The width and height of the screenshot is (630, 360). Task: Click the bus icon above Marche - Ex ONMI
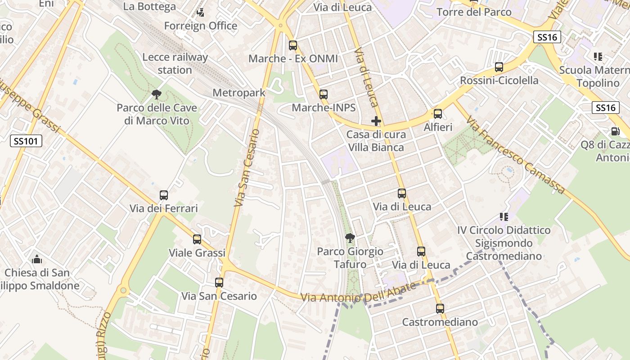click(293, 45)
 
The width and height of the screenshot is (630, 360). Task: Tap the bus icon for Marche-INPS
click(324, 94)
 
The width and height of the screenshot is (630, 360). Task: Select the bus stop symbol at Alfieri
click(438, 114)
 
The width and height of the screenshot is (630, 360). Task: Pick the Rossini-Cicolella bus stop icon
click(499, 67)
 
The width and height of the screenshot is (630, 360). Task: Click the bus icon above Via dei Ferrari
click(164, 195)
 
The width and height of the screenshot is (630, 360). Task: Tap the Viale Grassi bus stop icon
click(197, 239)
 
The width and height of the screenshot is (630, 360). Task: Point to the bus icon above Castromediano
click(440, 309)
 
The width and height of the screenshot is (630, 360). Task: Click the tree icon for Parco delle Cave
click(157, 94)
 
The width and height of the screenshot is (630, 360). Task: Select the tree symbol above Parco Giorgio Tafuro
click(350, 238)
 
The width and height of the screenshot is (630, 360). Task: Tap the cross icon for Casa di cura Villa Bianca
click(376, 121)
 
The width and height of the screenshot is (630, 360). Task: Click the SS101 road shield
click(27, 141)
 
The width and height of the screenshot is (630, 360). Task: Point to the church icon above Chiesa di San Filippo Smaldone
click(37, 259)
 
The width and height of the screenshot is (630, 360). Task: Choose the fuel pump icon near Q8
click(615, 131)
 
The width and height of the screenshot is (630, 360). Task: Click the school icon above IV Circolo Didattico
click(504, 217)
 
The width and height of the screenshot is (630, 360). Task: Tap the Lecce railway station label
click(175, 63)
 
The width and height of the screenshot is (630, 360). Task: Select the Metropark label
click(238, 93)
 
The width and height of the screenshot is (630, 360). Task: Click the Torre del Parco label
click(474, 12)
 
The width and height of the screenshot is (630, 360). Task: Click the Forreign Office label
click(201, 26)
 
